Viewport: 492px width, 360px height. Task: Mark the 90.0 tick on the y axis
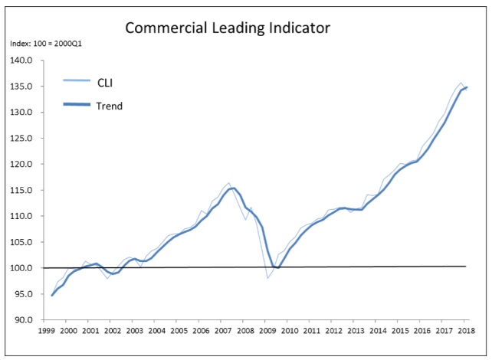point(22,320)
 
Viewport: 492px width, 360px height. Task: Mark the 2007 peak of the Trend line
point(233,188)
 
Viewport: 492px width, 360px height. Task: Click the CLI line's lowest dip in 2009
point(267,277)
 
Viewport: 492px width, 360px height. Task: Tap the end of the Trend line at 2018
point(467,87)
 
